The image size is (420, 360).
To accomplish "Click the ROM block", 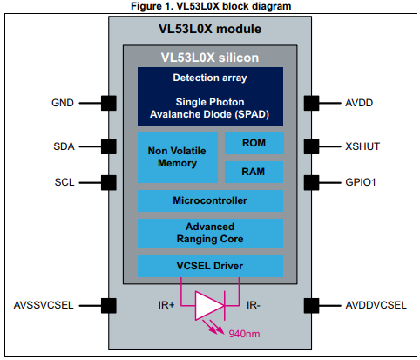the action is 254,143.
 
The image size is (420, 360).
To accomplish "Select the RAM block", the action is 254,172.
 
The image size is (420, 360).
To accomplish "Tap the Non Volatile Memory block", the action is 178,157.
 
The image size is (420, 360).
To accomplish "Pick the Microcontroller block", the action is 210,200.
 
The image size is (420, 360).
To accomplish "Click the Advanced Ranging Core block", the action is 210,234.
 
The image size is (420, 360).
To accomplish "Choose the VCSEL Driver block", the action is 210,266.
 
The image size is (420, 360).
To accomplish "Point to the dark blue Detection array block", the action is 210,96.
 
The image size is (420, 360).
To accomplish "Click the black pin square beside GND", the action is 109,103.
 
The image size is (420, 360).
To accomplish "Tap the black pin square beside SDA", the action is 109,146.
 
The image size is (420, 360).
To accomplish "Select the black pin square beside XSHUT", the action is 311,146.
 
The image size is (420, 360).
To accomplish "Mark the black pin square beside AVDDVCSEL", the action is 311,306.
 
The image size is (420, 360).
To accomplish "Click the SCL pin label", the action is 64,182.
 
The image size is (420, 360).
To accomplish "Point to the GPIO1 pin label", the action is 361,182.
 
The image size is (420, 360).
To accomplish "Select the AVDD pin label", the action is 359,103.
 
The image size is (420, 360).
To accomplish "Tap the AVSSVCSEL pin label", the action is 44,305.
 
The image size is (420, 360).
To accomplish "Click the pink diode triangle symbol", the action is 208,306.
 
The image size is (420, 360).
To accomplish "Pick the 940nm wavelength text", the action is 244,334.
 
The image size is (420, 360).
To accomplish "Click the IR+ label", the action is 166,305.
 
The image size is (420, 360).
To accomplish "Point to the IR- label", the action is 254,305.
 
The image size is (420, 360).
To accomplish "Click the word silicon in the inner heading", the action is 239,58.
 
